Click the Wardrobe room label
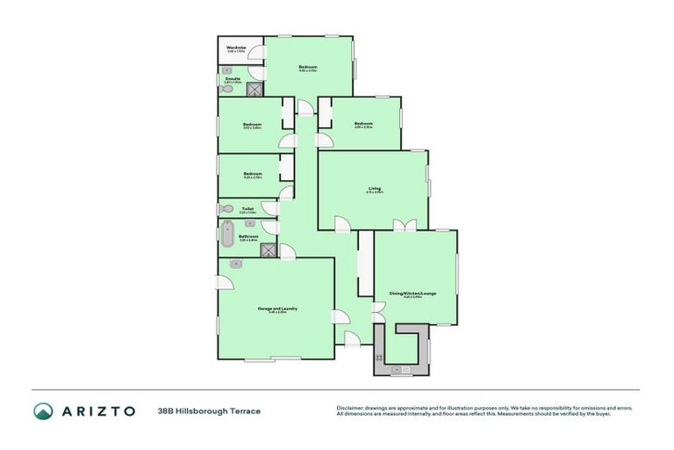(235, 48)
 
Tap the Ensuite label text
(233, 79)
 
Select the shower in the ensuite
(255, 90)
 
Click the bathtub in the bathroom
(226, 235)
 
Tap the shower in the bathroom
(269, 250)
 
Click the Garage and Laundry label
(277, 308)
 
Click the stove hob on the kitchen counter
(378, 357)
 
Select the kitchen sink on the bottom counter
(406, 370)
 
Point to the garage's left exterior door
(225, 280)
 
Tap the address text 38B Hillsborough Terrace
(210, 410)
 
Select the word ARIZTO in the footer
(97, 410)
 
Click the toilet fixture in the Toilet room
(226, 209)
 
